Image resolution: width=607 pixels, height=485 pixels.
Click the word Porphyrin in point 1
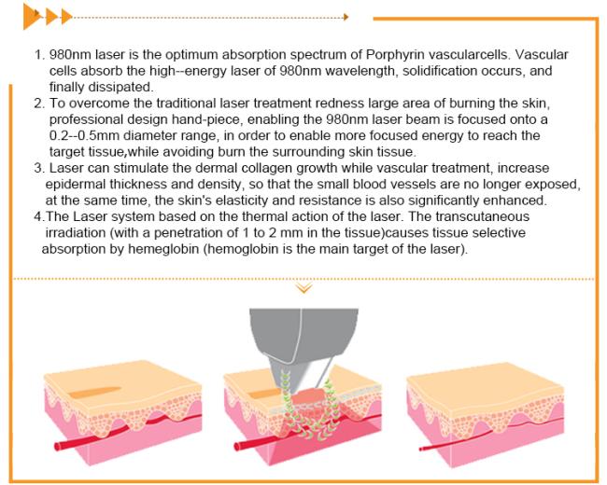click(x=393, y=54)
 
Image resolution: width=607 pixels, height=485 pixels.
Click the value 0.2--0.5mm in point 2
click(x=84, y=136)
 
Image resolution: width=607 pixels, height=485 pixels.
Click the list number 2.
click(x=39, y=104)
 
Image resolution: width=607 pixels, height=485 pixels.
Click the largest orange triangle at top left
click(x=31, y=17)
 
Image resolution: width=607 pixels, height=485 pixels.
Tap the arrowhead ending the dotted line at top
click(x=346, y=17)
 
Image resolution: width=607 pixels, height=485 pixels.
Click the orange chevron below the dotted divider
click(x=304, y=288)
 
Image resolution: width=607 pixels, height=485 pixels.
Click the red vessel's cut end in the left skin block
click(x=57, y=447)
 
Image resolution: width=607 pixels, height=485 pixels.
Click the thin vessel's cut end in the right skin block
click(x=420, y=449)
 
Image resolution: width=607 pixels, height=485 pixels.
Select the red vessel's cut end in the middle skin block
click(x=237, y=446)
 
